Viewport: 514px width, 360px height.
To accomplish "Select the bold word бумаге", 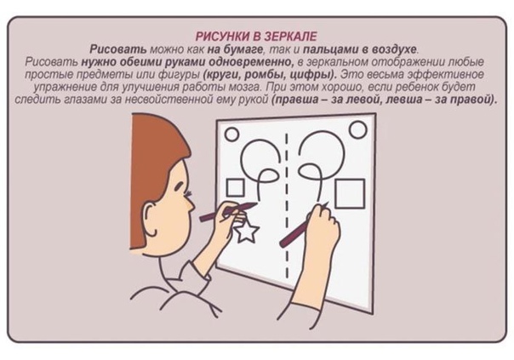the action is [x=243, y=49].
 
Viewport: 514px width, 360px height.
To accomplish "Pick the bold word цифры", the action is [x=313, y=74].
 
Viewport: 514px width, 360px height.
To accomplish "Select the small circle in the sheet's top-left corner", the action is [x=231, y=134].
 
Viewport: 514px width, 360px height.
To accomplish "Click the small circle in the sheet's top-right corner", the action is [x=358, y=129].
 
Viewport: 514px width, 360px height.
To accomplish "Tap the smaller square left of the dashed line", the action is [x=236, y=187].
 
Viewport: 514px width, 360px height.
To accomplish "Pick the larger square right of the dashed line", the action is [x=350, y=193].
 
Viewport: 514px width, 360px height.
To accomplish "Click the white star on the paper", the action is [x=247, y=231].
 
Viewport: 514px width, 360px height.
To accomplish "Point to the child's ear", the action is [x=150, y=220].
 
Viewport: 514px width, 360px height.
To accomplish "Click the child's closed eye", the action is [x=180, y=187].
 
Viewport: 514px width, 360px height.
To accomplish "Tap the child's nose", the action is [x=190, y=203].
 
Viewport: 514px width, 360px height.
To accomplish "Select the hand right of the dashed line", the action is [x=323, y=226].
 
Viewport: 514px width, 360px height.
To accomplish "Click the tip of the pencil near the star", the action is [x=257, y=204].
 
